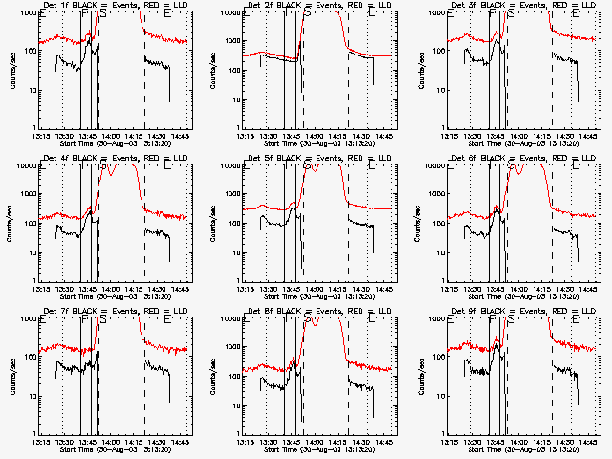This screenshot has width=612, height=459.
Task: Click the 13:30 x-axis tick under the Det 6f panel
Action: [470, 288]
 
